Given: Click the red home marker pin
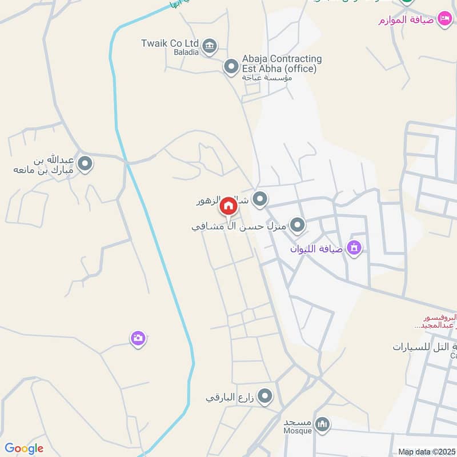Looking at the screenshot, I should pos(228,206).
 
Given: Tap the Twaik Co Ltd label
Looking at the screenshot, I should pos(170,43).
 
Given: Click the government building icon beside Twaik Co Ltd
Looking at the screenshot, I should pos(210,45).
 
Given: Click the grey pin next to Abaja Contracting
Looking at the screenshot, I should pos(231,67).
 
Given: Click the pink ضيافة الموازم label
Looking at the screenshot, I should pos(407,21).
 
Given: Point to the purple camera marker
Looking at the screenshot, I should pos(138,339).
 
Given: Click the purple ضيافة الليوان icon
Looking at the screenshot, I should pos(354,248).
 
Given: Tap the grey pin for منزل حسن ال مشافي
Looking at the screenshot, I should pos(297,226).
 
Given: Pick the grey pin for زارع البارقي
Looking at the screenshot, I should pos(265,396).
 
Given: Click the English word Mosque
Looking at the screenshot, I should pos(298,431).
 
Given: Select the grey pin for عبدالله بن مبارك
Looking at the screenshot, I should pos(86,165).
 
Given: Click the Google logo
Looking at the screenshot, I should pos(24,448).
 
